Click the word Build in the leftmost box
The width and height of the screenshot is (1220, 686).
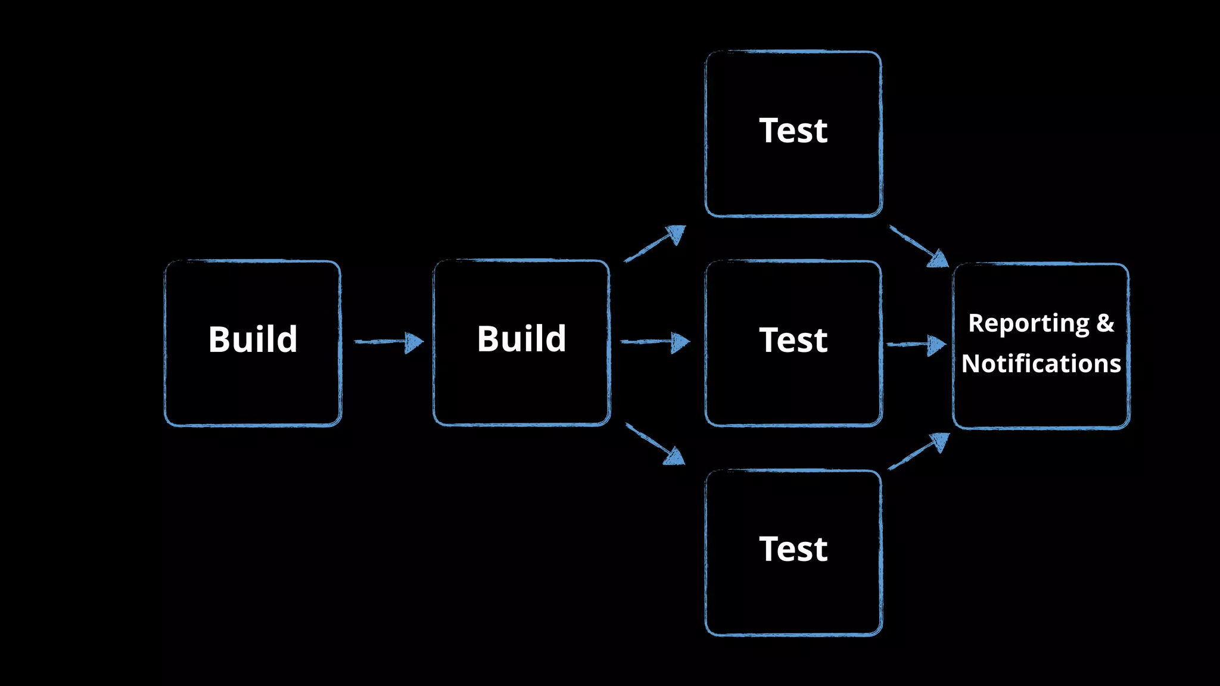pyautogui.click(x=253, y=339)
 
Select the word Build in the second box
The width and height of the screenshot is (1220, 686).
pyautogui.click(x=521, y=339)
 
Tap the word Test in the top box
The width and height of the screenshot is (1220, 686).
pyautogui.click(x=793, y=130)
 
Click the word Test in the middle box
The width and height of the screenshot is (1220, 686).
pyautogui.click(x=793, y=340)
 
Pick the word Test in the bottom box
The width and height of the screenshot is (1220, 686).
pyautogui.click(x=793, y=549)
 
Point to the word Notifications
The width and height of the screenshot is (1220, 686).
pyautogui.click(x=1041, y=363)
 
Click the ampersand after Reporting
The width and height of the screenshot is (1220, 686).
pyautogui.click(x=1105, y=323)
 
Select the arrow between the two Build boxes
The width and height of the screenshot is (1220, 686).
pyautogui.click(x=388, y=342)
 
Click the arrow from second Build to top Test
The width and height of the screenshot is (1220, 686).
pyautogui.click(x=655, y=243)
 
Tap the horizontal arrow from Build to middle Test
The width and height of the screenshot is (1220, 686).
pyautogui.click(x=655, y=342)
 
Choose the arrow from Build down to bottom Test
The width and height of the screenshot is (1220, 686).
pyautogui.click(x=655, y=444)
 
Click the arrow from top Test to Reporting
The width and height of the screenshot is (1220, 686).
pyautogui.click(x=919, y=246)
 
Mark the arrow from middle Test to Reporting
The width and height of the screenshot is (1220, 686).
pyautogui.click(x=916, y=344)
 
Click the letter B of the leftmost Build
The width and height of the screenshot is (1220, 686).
pyautogui.click(x=219, y=339)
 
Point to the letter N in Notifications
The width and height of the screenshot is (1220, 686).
pyautogui.click(x=972, y=363)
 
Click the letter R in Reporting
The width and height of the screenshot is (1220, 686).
pyautogui.click(x=976, y=323)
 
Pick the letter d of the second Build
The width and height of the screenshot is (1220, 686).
pyautogui.click(x=555, y=339)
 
